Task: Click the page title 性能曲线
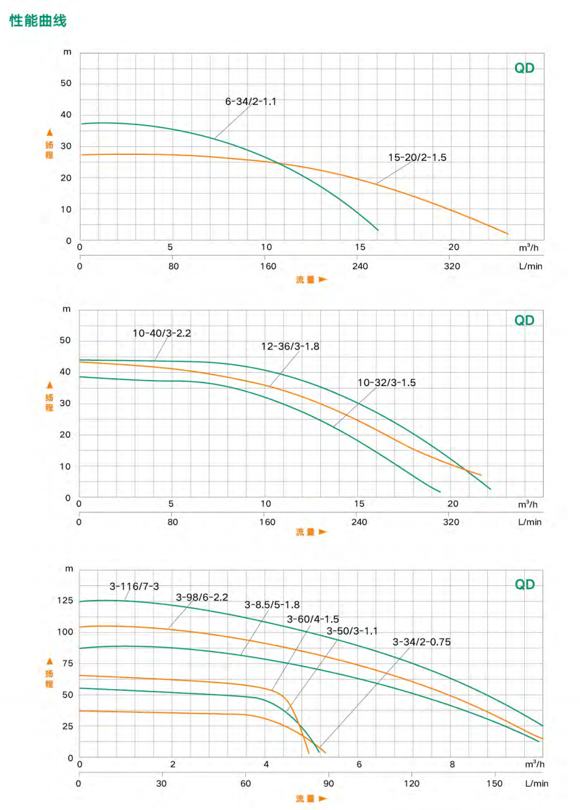(x=38, y=21)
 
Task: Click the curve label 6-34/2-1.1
(x=251, y=101)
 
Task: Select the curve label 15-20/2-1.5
(x=417, y=157)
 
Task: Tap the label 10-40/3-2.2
(x=161, y=333)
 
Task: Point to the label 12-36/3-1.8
(x=290, y=346)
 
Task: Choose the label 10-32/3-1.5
(x=386, y=383)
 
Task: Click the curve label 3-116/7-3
(x=134, y=586)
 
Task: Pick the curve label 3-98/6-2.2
(x=202, y=597)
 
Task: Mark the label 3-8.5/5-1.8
(x=272, y=605)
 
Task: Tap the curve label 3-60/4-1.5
(x=312, y=619)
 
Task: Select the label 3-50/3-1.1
(x=352, y=631)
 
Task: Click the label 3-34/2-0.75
(x=421, y=642)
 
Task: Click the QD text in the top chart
(x=524, y=68)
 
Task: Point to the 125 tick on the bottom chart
(x=65, y=601)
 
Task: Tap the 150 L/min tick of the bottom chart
(x=494, y=783)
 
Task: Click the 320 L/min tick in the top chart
(x=452, y=266)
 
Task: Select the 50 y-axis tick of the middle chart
(x=65, y=340)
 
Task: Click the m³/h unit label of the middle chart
(x=527, y=505)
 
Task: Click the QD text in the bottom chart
(x=524, y=584)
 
